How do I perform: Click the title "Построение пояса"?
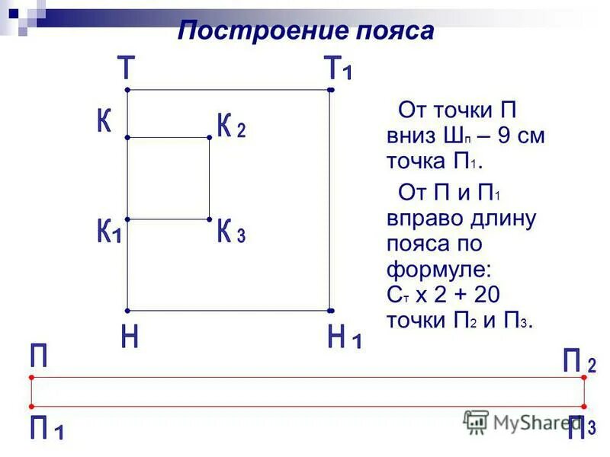[306, 31]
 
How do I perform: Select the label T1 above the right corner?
[339, 69]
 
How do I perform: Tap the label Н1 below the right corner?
[344, 337]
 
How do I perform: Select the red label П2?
[579, 360]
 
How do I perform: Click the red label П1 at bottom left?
[47, 429]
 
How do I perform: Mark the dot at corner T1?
[331, 91]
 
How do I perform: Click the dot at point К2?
[209, 138]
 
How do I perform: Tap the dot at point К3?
[209, 220]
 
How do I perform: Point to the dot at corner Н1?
[331, 311]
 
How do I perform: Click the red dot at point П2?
[584, 376]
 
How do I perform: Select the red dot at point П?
[31, 377]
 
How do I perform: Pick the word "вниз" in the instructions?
[409, 138]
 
